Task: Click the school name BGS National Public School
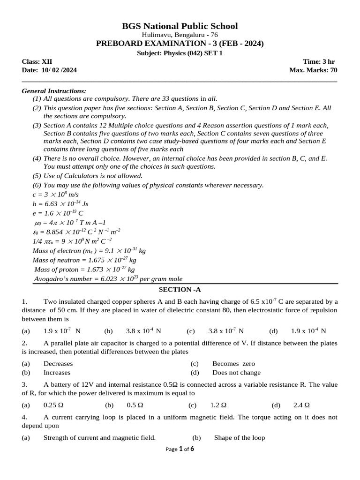click(180, 26)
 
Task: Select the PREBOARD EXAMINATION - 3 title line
click(180, 44)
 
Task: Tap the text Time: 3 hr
click(319, 62)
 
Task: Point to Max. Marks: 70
click(313, 70)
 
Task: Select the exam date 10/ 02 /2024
click(49, 70)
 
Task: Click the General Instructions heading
click(54, 90)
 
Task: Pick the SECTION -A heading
click(180, 290)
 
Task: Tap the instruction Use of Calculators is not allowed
click(92, 176)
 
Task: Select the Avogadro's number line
click(108, 279)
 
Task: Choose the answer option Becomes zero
click(233, 364)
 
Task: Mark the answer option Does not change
click(236, 373)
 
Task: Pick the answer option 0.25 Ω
click(53, 405)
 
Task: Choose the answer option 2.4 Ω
click(301, 405)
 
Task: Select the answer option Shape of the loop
click(239, 438)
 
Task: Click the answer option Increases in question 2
click(57, 373)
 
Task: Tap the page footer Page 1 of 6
click(180, 449)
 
